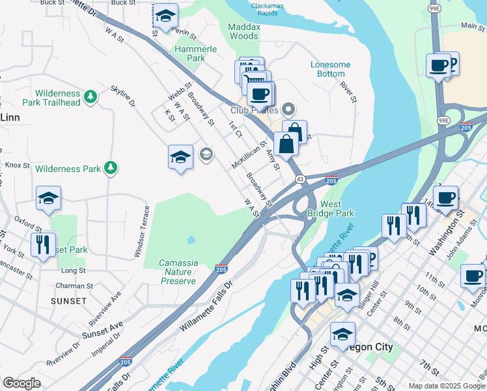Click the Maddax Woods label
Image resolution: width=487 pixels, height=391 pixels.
coord(244,31)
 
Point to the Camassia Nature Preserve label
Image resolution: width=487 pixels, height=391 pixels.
coord(178,272)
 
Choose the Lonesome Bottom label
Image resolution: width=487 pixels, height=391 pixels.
coord(330,69)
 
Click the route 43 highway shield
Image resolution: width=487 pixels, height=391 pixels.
coord(300,178)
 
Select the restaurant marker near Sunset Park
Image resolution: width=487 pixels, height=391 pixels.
coord(43,245)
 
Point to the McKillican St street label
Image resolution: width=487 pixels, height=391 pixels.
coord(249,156)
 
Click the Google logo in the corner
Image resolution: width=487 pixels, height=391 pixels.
coord(21,383)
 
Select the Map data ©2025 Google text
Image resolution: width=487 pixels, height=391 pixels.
coord(447,386)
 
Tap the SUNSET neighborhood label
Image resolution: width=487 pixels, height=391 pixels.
coord(68,301)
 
